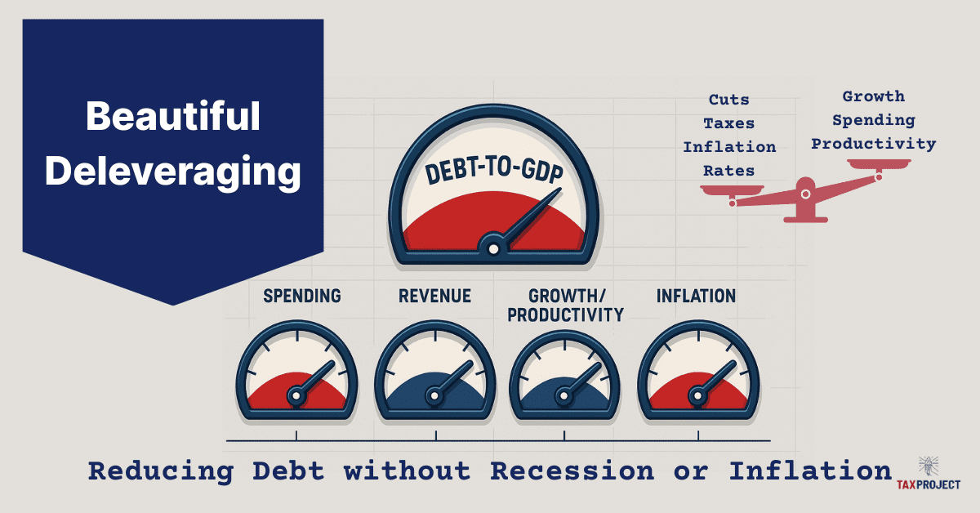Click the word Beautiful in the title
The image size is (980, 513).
click(172, 118)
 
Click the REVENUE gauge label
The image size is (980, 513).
click(434, 296)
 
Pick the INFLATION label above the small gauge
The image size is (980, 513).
click(696, 296)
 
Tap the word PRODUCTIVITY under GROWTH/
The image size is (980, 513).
click(565, 314)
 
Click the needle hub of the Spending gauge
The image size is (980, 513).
click(296, 396)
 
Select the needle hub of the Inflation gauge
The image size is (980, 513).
click(697, 396)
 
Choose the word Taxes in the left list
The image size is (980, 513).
click(729, 124)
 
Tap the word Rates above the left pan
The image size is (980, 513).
click(729, 171)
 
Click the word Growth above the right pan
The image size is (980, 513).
click(873, 97)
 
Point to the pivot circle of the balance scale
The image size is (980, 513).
click(805, 194)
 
